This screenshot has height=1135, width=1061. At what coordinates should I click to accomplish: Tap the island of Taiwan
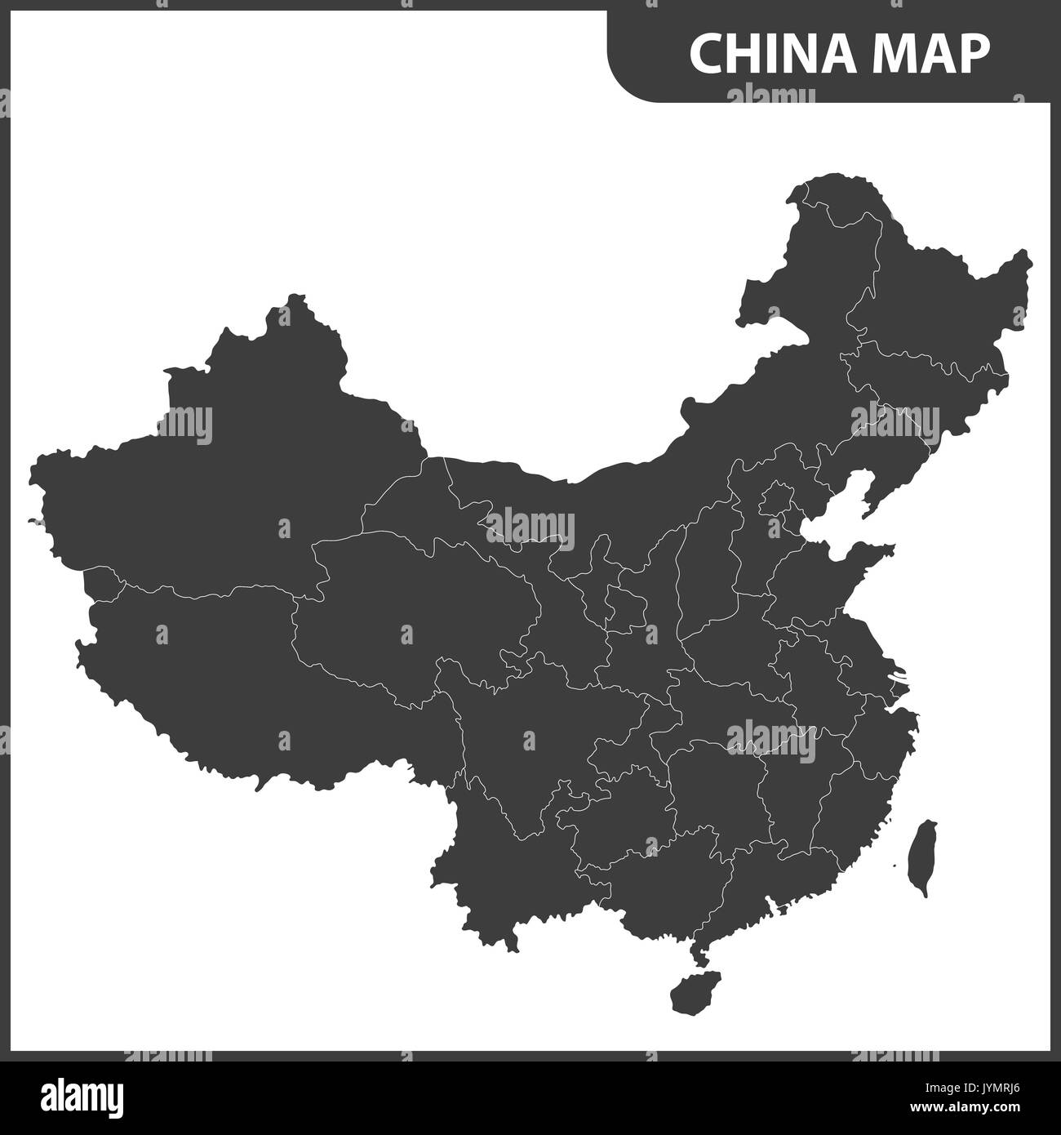tap(923, 857)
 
